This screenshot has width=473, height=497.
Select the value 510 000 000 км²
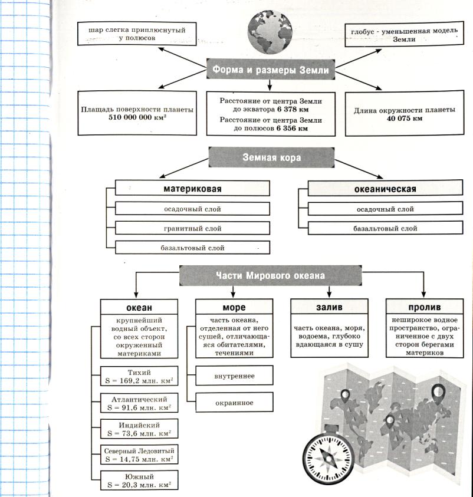coord(137,117)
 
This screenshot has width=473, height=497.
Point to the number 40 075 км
coord(405,118)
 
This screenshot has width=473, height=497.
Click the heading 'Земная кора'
coord(271,158)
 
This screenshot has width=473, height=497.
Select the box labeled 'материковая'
coord(192,189)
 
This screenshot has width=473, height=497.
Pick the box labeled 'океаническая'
coord(385,189)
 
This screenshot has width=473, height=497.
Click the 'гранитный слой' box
coord(193,228)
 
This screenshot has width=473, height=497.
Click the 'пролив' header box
coord(425,307)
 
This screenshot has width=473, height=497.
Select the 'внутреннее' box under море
coord(234,374)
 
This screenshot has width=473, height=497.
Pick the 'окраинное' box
coord(234,403)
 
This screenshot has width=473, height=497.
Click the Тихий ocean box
coord(139,376)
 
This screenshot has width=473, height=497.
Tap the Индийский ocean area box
coord(139,429)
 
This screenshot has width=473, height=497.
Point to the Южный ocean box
coord(139,480)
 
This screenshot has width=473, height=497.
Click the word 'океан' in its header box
coord(139,307)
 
